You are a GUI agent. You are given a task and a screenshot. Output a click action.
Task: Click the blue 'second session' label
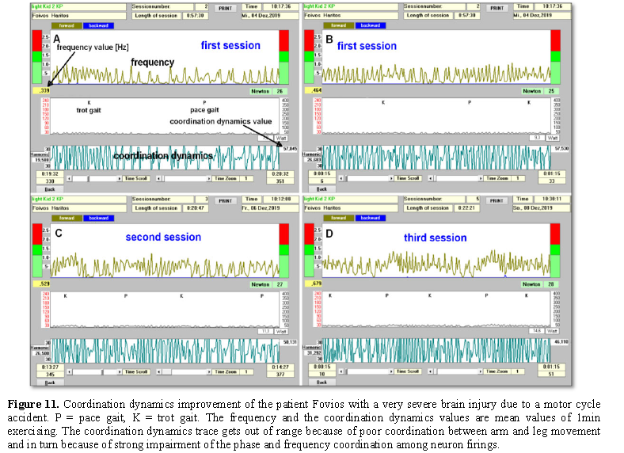tap(163, 237)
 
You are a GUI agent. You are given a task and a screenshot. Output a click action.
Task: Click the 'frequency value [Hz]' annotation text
tap(92, 48)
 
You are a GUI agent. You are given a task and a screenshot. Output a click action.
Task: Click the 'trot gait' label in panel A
tap(89, 110)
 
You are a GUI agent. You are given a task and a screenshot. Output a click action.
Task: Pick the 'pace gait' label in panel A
tap(204, 110)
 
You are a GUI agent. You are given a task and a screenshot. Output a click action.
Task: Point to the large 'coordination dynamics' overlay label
tap(162, 157)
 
